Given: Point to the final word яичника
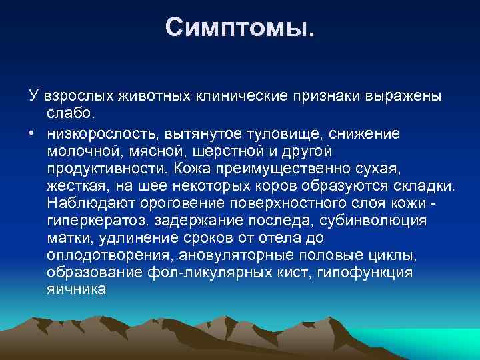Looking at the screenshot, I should click(x=76, y=289).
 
